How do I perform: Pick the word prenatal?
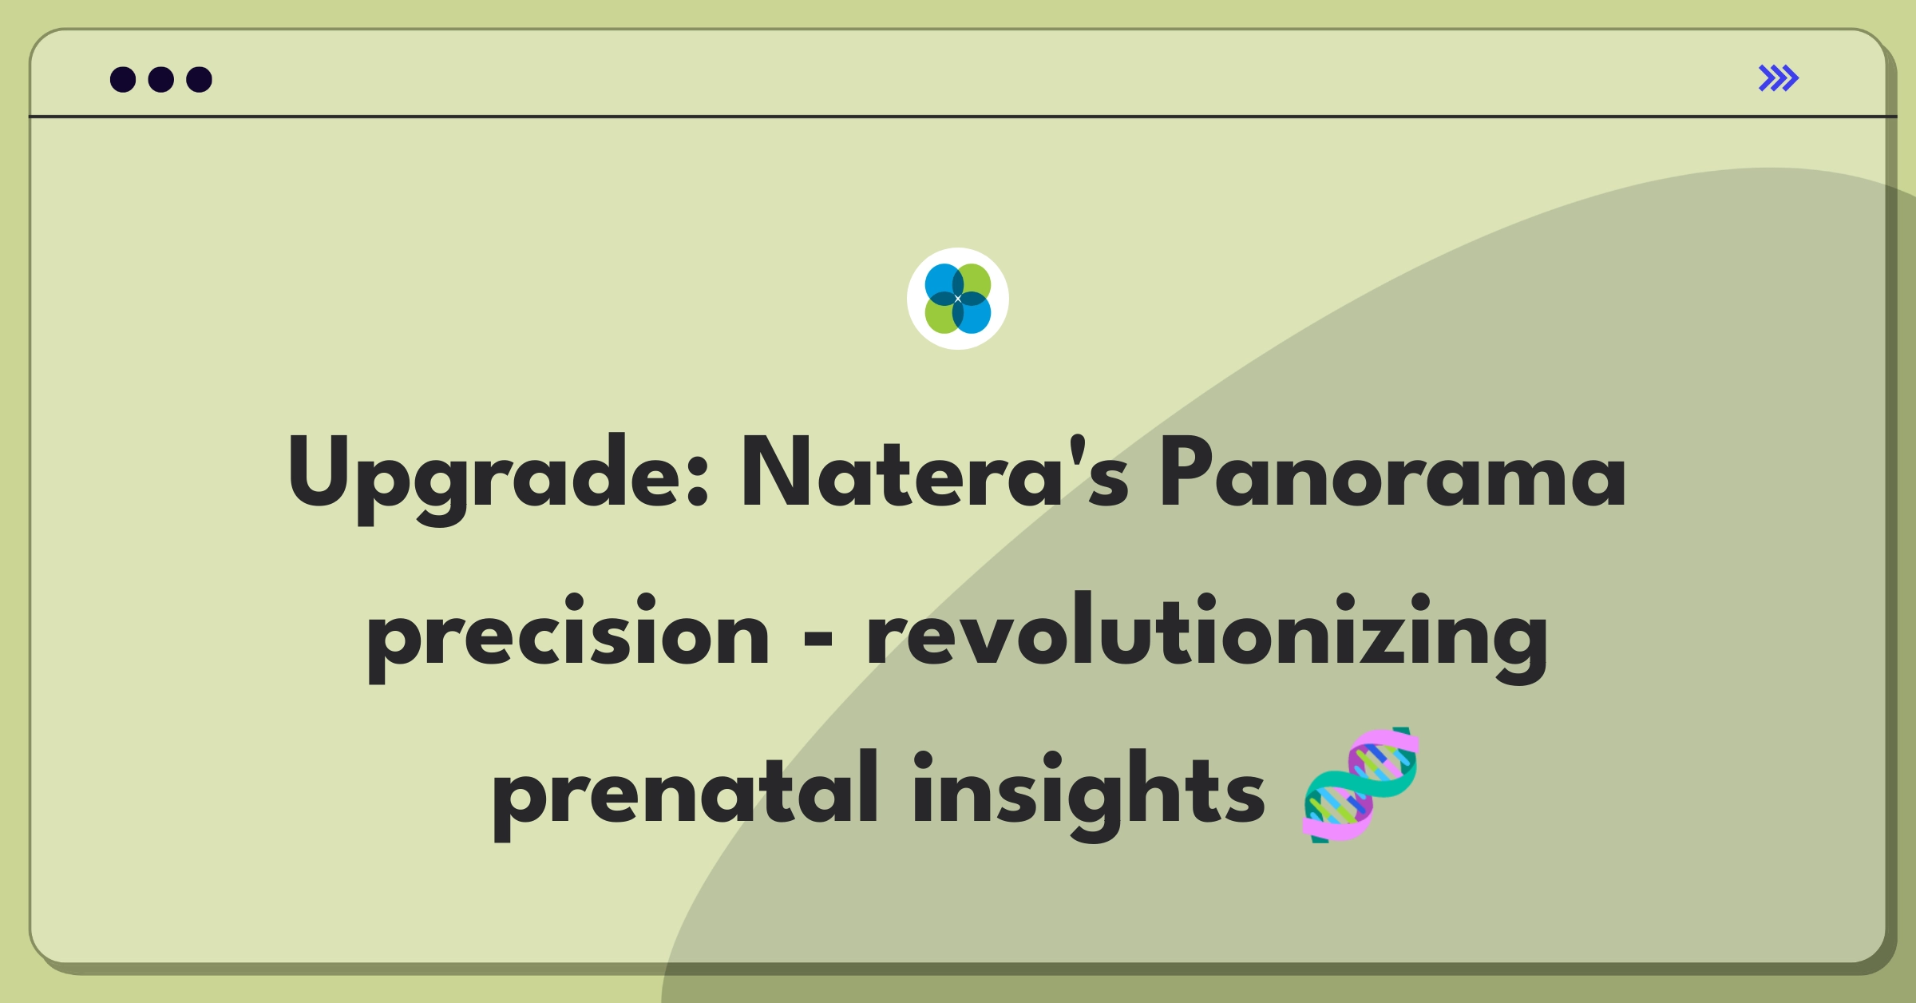pyautogui.click(x=686, y=793)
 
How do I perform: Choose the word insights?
pyautogui.click(x=1089, y=793)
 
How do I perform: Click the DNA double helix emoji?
pyautogui.click(x=1360, y=785)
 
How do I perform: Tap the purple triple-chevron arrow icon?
pyautogui.click(x=1779, y=78)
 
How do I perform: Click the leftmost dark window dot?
pyautogui.click(x=123, y=79)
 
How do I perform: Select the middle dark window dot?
pyautogui.click(x=161, y=79)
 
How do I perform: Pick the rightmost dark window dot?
pyautogui.click(x=200, y=79)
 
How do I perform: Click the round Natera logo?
pyautogui.click(x=958, y=299)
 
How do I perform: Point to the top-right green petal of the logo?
pyautogui.click(x=975, y=282)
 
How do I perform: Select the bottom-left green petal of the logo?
pyautogui.click(x=941, y=315)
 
